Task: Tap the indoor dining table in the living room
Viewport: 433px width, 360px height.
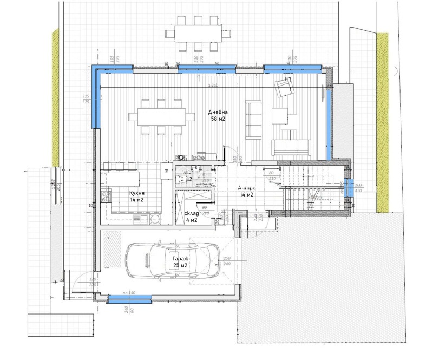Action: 161,116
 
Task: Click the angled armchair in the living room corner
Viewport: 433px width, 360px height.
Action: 283,87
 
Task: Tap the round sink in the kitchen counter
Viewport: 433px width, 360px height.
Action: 155,219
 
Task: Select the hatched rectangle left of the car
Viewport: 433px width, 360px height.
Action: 113,248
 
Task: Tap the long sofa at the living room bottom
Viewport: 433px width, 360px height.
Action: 291,146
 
